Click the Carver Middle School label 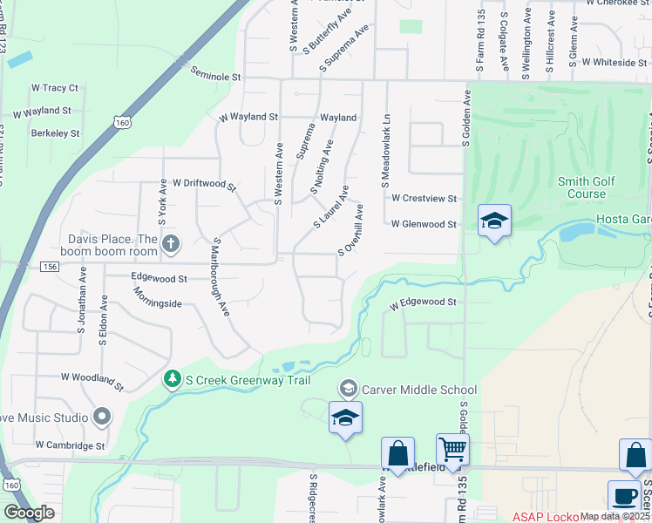tap(418, 390)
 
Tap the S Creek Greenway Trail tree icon tap(173, 377)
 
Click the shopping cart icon tap(452, 450)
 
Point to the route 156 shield tap(49, 267)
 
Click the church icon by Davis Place tap(171, 244)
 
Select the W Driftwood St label tap(204, 184)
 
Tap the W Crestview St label tap(424, 199)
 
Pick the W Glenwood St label tap(424, 224)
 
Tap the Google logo tap(29, 512)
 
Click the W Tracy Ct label tap(55, 88)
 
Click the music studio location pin tap(102, 417)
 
